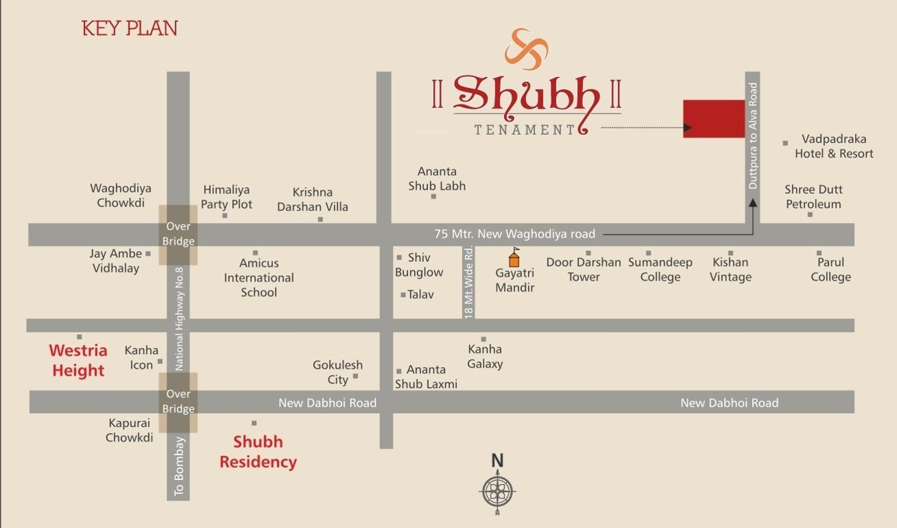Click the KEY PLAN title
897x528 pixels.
click(130, 28)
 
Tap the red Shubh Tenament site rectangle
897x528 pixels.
click(714, 118)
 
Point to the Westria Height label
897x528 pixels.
click(78, 361)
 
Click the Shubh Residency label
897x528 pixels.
click(258, 452)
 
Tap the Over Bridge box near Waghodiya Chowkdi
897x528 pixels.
click(179, 234)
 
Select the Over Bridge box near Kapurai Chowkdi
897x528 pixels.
click(179, 402)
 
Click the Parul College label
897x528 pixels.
click(830, 269)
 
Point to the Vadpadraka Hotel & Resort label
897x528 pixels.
click(834, 146)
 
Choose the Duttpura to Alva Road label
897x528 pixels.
click(753, 136)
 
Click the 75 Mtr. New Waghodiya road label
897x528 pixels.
click(515, 234)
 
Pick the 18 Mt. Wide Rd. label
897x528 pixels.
click(469, 282)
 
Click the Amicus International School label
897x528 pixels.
click(259, 278)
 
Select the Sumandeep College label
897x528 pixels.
click(660, 269)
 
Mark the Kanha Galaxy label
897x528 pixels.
click(485, 357)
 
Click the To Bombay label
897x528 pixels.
click(179, 475)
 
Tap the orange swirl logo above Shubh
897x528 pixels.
click(527, 49)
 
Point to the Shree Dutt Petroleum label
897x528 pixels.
click(813, 197)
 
